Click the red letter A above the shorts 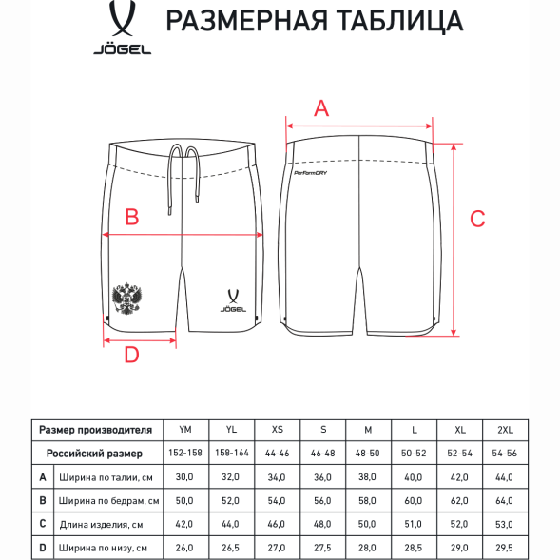(321, 108)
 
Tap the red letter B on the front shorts (133, 217)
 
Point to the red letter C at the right (478, 218)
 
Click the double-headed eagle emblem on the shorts (126, 299)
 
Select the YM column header (185, 429)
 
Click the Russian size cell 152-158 (185, 453)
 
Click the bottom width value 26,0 (185, 547)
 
